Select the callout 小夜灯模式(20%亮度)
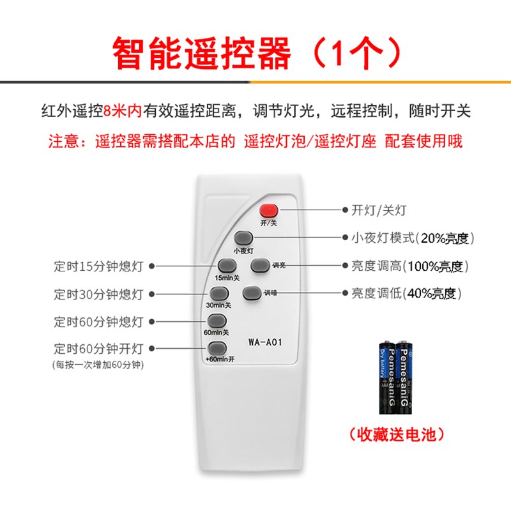coord(413,238)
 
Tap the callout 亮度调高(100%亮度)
coord(411,266)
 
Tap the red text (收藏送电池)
coord(396,435)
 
